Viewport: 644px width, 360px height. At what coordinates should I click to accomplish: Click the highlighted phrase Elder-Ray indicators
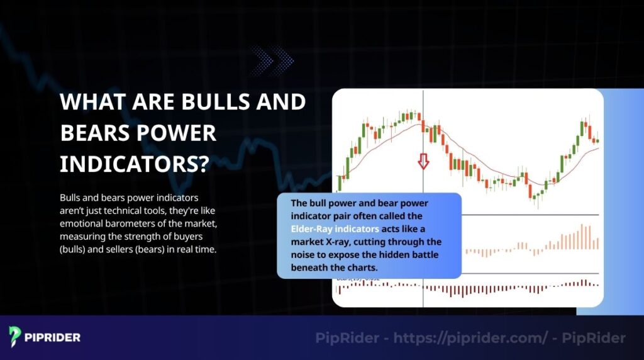click(335, 228)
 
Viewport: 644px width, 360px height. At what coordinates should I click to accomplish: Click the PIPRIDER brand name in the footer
click(53, 337)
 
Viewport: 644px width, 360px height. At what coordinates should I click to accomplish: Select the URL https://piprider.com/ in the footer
click(468, 338)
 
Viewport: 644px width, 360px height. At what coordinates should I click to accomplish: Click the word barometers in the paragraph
click(126, 223)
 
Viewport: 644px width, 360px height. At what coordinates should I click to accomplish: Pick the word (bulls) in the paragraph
click(74, 249)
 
